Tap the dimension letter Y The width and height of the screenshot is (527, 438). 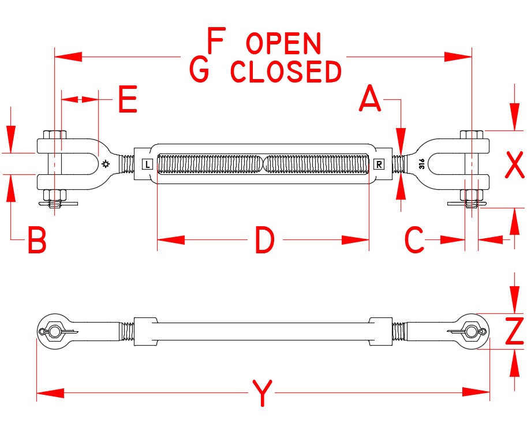[x=263, y=395]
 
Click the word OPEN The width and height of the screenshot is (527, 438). [x=283, y=44]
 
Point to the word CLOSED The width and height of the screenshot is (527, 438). [x=286, y=72]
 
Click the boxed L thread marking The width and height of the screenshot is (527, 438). [x=147, y=164]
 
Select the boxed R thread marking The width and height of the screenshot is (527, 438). [x=379, y=164]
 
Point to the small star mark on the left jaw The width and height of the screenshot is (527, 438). [x=105, y=164]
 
